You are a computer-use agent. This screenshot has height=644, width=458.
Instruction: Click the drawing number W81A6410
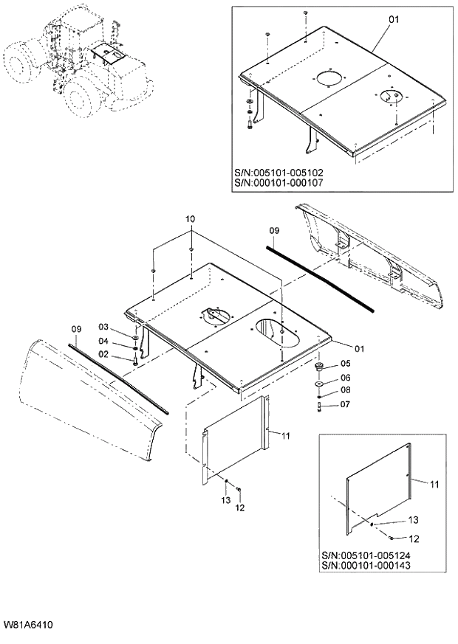coord(27,624)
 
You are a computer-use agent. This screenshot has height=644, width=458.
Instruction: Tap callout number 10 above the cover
coord(191,220)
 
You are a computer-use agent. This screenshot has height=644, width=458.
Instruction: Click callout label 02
coord(104,356)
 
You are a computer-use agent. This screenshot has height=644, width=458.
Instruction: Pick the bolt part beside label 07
coord(319,405)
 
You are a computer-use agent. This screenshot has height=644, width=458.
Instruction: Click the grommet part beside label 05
coord(320,366)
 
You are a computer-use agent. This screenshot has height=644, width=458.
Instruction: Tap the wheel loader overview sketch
coord(74,66)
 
